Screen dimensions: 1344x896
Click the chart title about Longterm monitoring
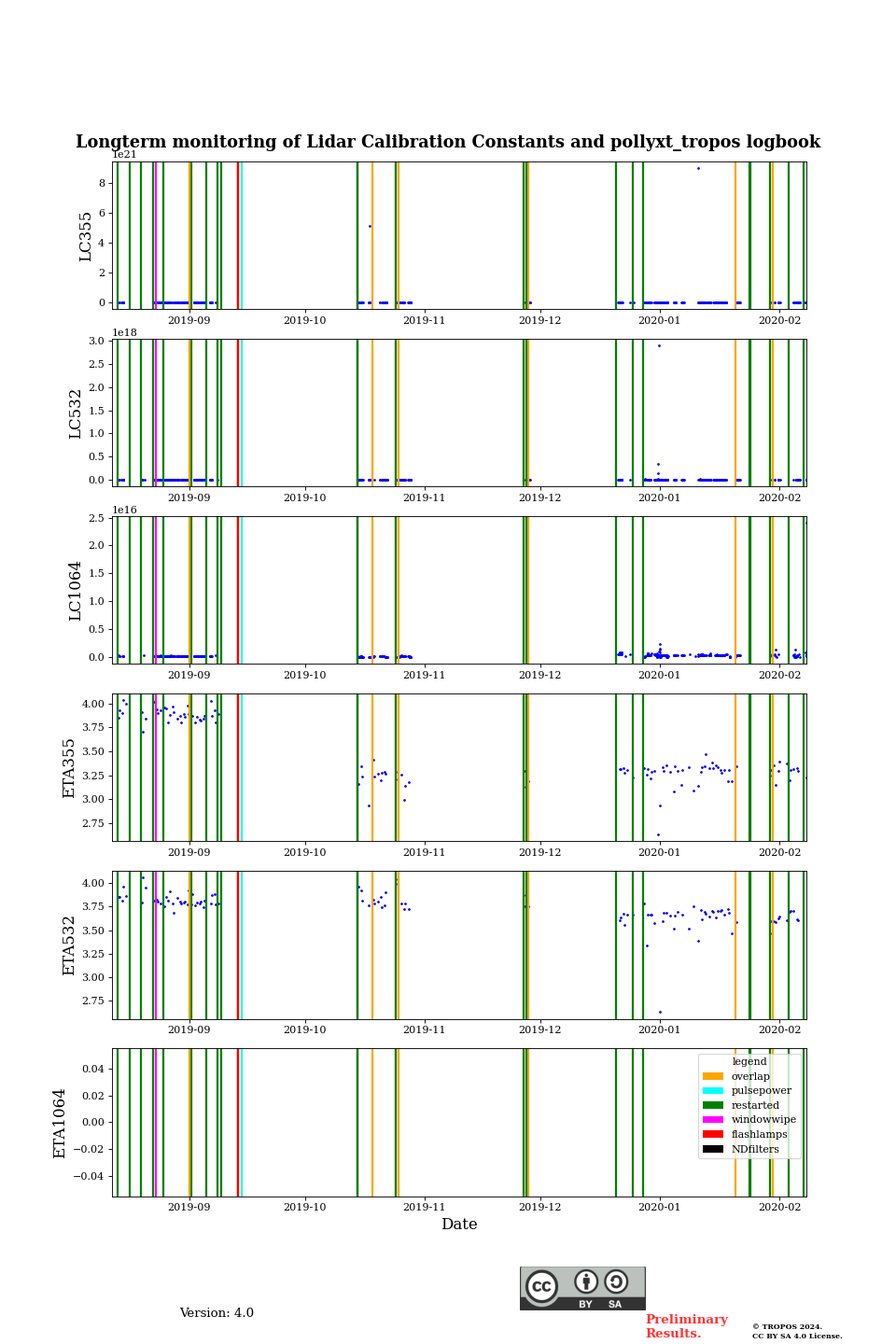tap(448, 142)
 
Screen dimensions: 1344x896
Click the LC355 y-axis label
tap(86, 236)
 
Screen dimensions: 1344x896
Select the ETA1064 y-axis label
tap(60, 1123)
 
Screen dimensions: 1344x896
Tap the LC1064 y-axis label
tap(76, 591)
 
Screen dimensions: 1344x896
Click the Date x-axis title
tap(459, 1225)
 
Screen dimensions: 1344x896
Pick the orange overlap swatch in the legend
tap(713, 1076)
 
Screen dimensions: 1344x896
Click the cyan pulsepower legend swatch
tap(713, 1090)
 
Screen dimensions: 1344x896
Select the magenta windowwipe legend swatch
tap(713, 1120)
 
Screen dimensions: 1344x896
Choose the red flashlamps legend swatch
tap(713, 1134)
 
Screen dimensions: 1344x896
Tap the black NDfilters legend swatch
tap(713, 1149)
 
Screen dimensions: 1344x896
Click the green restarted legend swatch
tap(713, 1105)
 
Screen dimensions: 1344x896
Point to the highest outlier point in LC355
tap(698, 168)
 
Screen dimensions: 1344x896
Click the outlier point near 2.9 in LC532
tap(659, 345)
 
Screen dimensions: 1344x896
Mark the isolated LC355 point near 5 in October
tap(370, 226)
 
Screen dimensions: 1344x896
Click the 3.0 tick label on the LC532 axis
tap(96, 341)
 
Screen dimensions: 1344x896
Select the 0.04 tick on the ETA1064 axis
tap(91, 1069)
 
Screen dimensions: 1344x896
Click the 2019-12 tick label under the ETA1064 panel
tap(540, 1207)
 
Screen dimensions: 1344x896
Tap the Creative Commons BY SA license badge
tap(582, 1288)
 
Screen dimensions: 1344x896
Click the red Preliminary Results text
tap(686, 1326)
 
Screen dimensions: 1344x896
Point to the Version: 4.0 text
tap(217, 1313)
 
